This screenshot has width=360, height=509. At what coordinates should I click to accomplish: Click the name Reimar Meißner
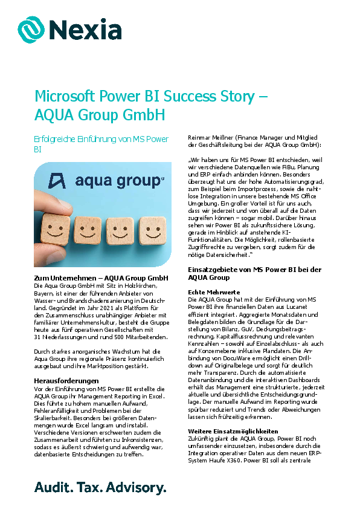tap(211, 138)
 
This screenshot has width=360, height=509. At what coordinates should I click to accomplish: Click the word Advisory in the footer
tap(140, 487)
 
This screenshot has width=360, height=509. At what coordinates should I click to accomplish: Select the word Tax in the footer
tap(90, 487)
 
